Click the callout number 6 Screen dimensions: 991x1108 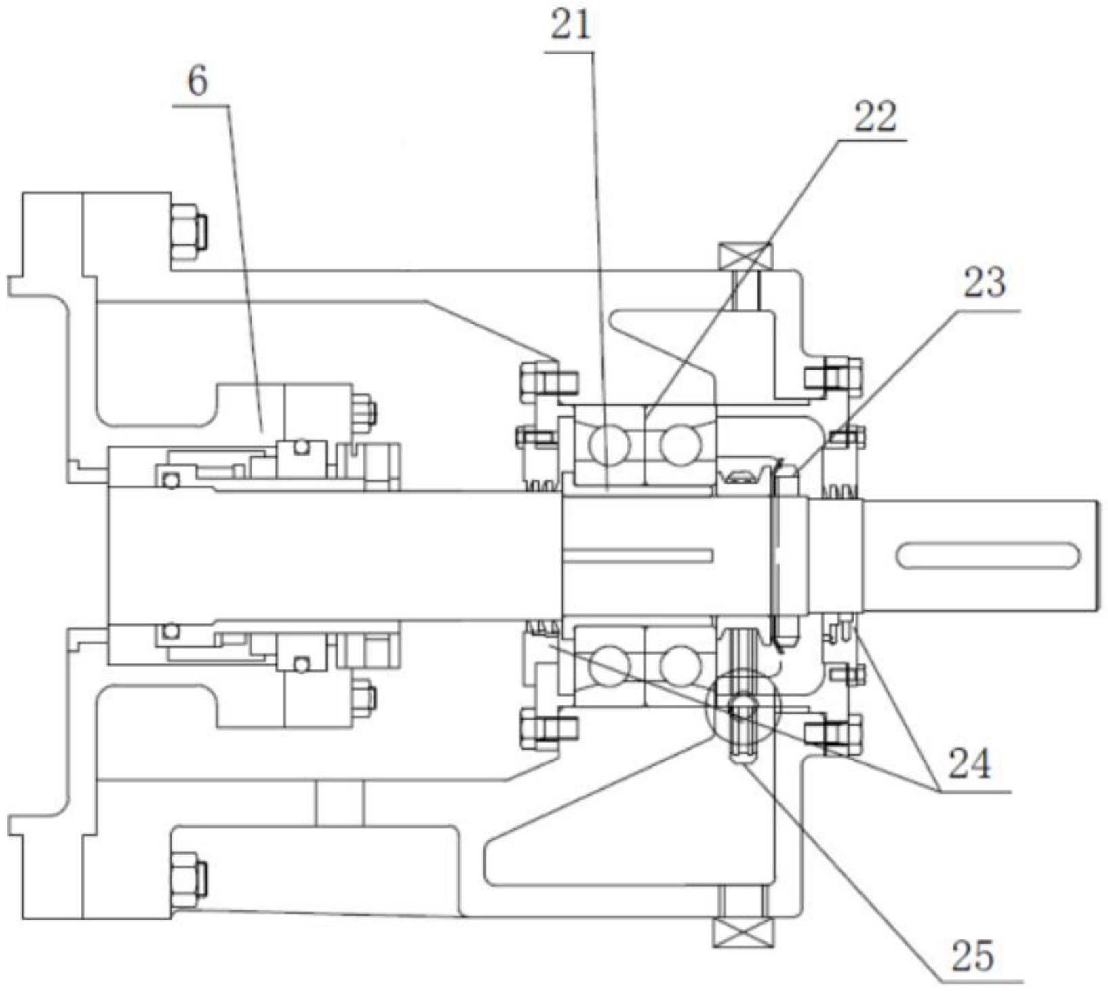(197, 83)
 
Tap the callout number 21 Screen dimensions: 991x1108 (570, 28)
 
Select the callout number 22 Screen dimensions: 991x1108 (874, 117)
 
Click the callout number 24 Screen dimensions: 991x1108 (969, 763)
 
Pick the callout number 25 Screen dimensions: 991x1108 (972, 955)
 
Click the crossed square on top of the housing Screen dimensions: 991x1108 (745, 256)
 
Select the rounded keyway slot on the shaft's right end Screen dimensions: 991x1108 (988, 556)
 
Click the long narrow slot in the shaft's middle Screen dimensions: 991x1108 (638, 556)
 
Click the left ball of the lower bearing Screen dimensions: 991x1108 (608, 665)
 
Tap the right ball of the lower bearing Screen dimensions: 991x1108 (679, 665)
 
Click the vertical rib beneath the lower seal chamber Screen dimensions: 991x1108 (339, 803)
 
